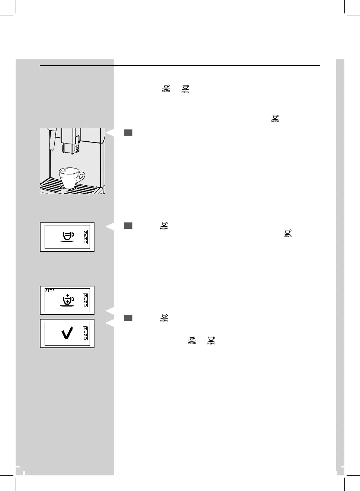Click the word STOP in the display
tap(50, 291)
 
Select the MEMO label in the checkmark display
tap(86, 333)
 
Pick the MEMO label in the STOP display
tap(86, 300)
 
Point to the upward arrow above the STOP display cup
tap(67, 296)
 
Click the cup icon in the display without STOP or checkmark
tap(67, 237)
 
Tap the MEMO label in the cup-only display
tap(86, 237)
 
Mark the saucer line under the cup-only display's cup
tap(67, 242)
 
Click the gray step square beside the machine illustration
tap(128, 133)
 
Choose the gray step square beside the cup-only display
tap(128, 225)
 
